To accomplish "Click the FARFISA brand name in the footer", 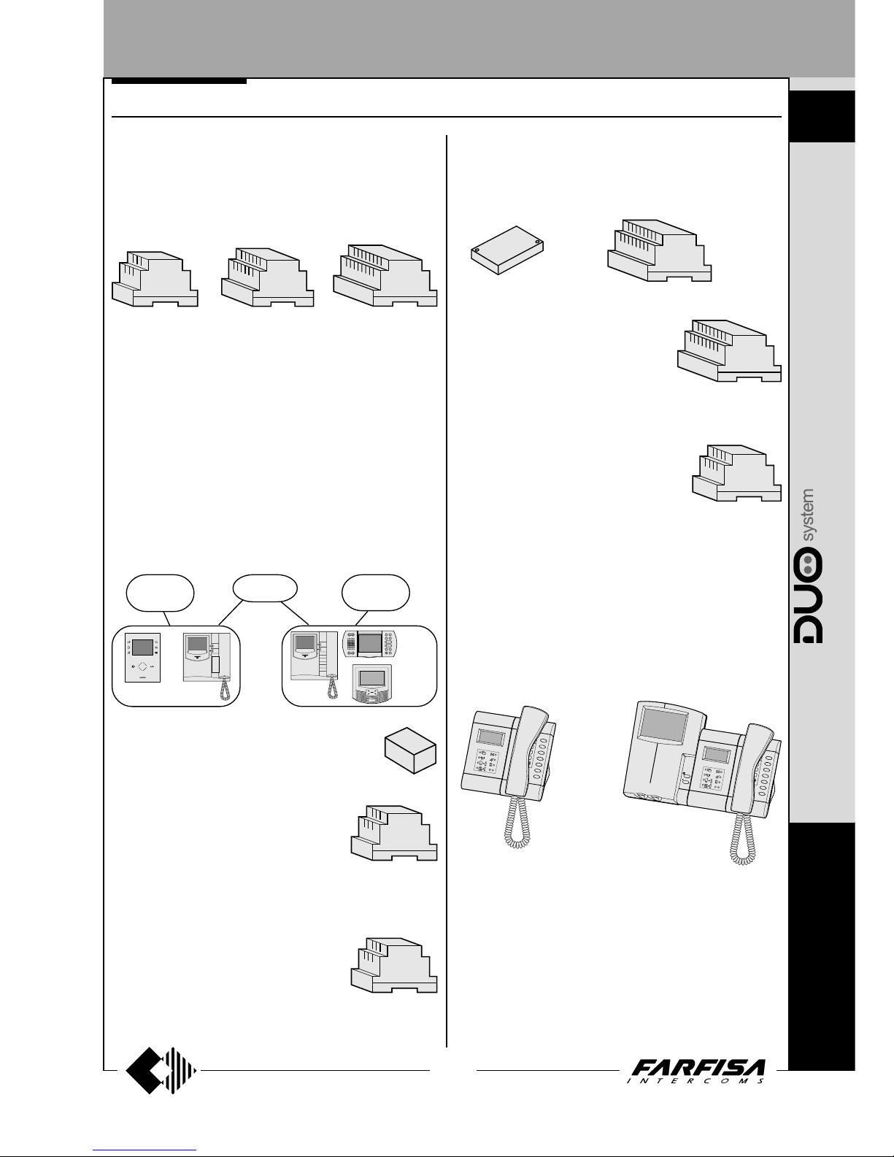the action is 698,1067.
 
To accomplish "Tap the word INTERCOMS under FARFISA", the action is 695,1081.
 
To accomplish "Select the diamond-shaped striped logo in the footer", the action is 161,1070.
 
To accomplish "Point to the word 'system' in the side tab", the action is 807,515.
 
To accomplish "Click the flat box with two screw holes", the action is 507,250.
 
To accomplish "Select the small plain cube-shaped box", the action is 410,750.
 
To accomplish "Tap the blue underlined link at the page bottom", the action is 144,1150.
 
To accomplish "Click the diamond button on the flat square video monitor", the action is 142,666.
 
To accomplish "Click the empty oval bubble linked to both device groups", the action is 265,588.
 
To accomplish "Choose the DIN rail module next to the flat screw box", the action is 659,250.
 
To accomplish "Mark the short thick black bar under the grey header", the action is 179,82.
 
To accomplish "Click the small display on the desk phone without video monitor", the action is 491,737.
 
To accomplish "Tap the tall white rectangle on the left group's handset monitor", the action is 215,665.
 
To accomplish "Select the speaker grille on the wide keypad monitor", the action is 351,645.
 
